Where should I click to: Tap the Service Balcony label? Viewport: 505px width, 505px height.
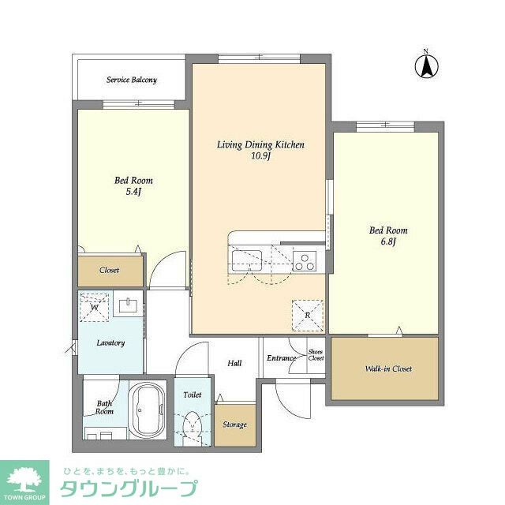point(132,80)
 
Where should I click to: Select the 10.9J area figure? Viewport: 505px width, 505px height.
point(260,156)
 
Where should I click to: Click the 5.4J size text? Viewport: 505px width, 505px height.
point(133,192)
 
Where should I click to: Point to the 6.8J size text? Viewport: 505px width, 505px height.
point(388,241)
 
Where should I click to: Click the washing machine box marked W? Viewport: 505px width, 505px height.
point(95,307)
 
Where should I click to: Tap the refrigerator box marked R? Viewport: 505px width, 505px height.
point(307,316)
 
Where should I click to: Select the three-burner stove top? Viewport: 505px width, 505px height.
point(305,261)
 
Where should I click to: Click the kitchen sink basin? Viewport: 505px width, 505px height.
point(247,260)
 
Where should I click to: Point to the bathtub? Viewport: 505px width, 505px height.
point(148,410)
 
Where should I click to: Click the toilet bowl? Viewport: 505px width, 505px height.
point(192,426)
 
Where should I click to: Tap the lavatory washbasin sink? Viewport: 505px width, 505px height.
point(128,305)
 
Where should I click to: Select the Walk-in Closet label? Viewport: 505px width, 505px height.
point(388,368)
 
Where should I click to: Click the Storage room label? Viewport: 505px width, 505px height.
point(235,425)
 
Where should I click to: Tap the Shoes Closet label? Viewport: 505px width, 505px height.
point(316,355)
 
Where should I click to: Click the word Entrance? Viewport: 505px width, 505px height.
point(281,357)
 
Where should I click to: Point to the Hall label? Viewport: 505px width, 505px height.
point(234,363)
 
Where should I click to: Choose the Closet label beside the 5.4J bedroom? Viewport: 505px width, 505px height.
point(109,270)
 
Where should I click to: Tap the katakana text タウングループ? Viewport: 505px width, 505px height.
point(129,488)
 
